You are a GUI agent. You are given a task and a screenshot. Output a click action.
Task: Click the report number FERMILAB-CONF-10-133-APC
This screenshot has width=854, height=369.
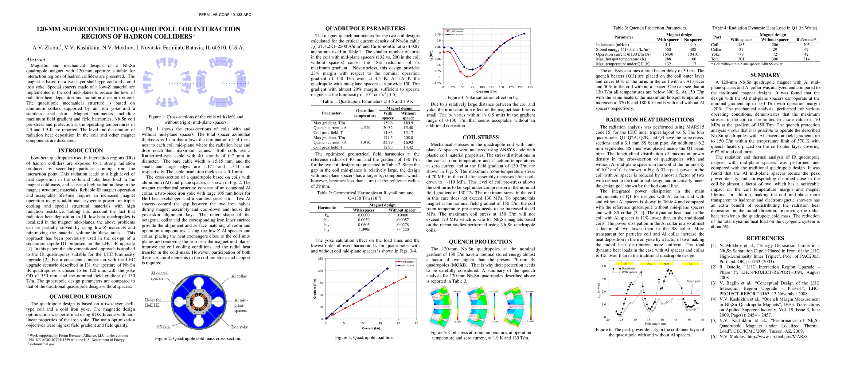225,14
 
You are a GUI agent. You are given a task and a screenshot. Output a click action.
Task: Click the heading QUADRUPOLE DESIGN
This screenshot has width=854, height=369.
80,297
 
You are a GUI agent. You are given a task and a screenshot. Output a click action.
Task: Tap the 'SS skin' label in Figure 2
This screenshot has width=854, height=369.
163,327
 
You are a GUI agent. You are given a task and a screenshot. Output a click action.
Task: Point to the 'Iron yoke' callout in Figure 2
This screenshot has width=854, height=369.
239,327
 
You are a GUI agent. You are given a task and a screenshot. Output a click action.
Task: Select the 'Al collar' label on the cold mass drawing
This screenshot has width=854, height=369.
239,276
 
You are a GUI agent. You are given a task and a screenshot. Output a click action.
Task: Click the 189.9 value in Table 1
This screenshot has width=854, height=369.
408,123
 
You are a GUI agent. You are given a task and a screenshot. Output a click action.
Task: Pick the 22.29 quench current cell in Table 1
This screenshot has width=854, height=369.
388,142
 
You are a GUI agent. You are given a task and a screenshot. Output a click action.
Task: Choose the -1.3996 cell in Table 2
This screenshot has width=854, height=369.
364,230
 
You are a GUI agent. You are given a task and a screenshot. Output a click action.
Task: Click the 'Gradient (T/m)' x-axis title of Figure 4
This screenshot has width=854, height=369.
487,92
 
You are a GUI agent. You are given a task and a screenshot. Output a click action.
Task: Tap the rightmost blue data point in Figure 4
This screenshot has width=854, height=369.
524,34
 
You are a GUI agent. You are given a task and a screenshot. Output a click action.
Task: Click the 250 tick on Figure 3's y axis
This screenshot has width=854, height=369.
320,259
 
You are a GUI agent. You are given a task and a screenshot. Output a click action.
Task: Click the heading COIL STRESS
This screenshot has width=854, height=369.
480,137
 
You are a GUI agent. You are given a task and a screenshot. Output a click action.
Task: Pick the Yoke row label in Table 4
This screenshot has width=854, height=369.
716,54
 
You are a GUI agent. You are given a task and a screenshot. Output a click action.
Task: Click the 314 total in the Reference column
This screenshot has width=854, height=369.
806,59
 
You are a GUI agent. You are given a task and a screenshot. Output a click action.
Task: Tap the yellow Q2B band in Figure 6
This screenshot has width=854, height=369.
666,264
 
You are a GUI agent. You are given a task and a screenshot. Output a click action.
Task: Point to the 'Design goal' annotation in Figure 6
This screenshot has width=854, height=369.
692,281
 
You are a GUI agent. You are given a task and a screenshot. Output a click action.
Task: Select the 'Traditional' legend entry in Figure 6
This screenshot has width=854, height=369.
628,268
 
